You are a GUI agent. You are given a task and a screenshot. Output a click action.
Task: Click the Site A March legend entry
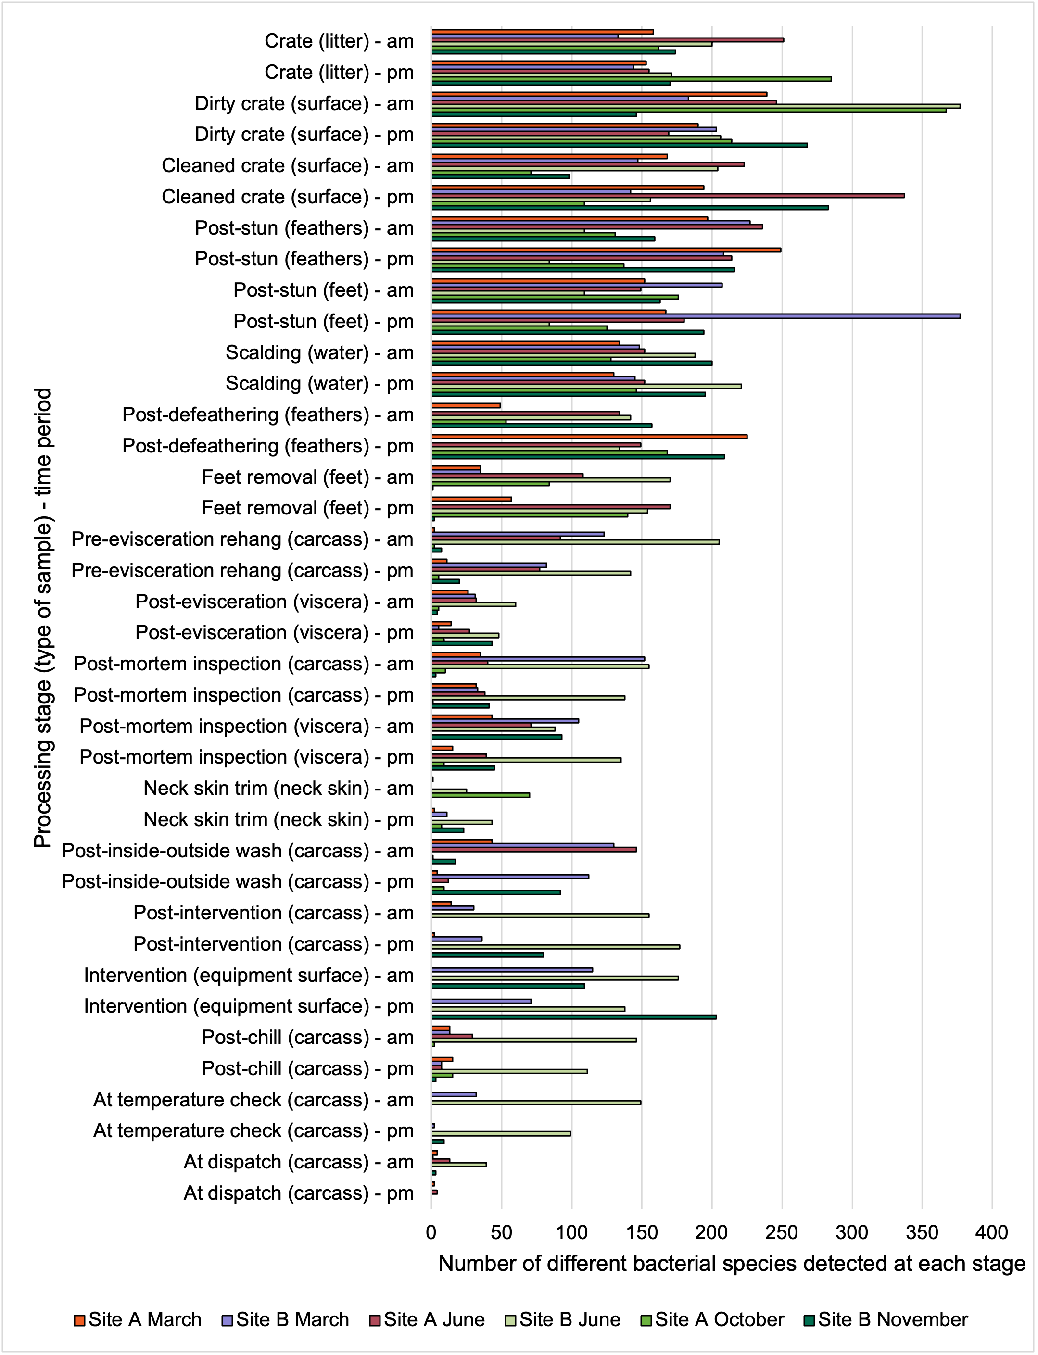click(x=138, y=1319)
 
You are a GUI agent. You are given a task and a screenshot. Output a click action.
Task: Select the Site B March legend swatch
click(x=227, y=1320)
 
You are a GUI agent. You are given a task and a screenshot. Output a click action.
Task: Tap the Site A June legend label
click(x=434, y=1319)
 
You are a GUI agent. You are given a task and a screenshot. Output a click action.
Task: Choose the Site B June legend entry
click(x=563, y=1319)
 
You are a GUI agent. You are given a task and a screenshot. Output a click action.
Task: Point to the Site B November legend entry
click(x=886, y=1319)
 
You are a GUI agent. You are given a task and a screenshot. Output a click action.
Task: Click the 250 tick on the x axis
click(x=782, y=1232)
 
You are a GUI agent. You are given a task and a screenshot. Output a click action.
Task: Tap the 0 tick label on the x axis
click(x=431, y=1232)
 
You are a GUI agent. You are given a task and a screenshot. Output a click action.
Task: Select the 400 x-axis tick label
click(x=992, y=1232)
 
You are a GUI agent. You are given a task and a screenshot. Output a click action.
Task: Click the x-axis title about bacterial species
click(x=732, y=1264)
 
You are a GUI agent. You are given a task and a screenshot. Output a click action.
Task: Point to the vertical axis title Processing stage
click(x=43, y=617)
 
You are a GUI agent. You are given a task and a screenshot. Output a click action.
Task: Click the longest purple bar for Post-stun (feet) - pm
click(x=696, y=315)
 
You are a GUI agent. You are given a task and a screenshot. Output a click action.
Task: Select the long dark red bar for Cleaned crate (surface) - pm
click(x=668, y=195)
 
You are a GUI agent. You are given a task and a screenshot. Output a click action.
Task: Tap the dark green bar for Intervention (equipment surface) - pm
click(x=574, y=1016)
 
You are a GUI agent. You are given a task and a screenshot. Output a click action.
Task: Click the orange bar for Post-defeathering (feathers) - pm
click(x=589, y=436)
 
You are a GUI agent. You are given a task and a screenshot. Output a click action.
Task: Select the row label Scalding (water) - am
click(x=319, y=352)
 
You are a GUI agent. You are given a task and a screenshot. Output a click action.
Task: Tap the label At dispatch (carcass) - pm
click(x=298, y=1192)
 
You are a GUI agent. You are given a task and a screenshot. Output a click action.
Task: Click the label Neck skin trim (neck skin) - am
click(x=278, y=788)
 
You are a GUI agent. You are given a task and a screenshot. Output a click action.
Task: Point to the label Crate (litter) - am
click(x=339, y=41)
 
